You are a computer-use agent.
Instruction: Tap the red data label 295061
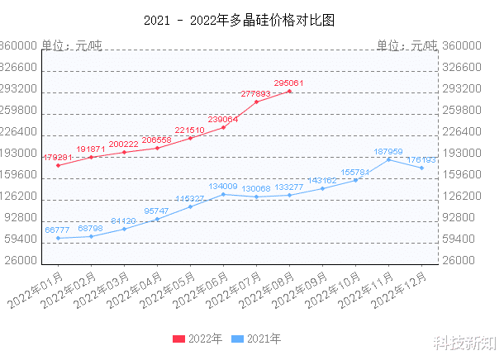coord(289,83)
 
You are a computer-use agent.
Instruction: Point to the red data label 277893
coord(256,94)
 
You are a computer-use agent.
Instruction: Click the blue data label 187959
coord(388,151)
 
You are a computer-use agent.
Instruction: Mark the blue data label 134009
coord(223,187)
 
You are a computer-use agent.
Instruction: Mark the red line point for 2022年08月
coord(290,92)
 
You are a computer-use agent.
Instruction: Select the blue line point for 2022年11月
coord(389,159)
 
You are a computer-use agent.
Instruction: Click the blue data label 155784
coord(355,172)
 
